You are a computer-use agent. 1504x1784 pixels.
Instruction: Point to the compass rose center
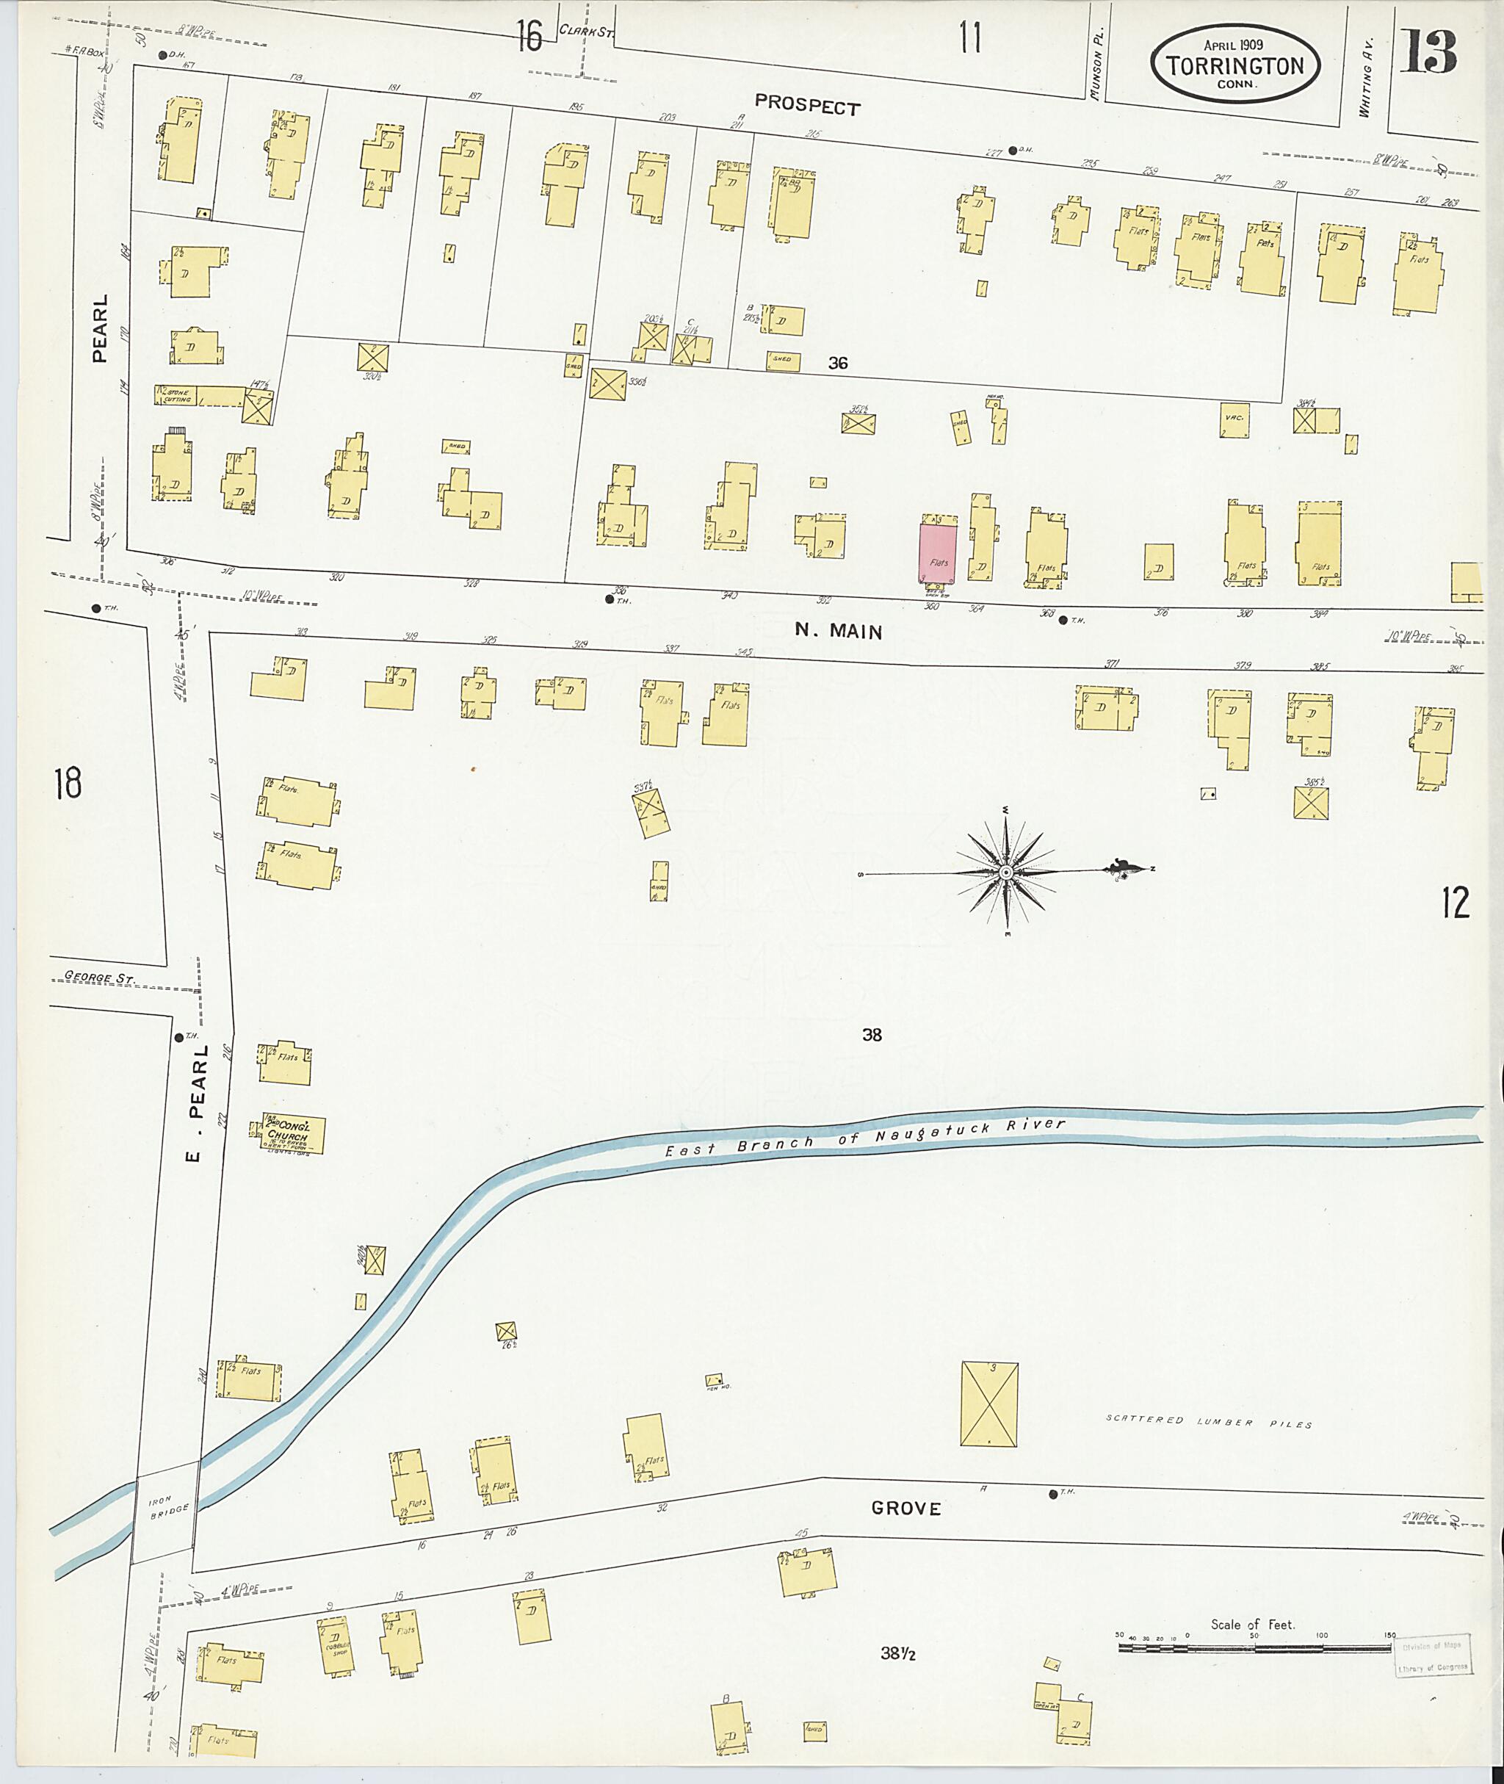1006,873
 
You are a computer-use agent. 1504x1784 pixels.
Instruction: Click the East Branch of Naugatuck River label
864,1138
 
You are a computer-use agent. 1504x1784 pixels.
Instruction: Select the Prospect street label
806,106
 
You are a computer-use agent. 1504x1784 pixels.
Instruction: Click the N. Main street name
838,630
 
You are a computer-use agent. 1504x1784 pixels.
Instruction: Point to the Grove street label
905,1509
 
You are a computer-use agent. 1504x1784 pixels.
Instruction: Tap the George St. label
100,979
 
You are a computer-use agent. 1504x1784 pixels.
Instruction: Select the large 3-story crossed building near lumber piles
989,1404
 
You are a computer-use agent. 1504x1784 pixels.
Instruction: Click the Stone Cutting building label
177,395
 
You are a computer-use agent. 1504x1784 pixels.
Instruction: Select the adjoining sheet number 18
68,782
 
